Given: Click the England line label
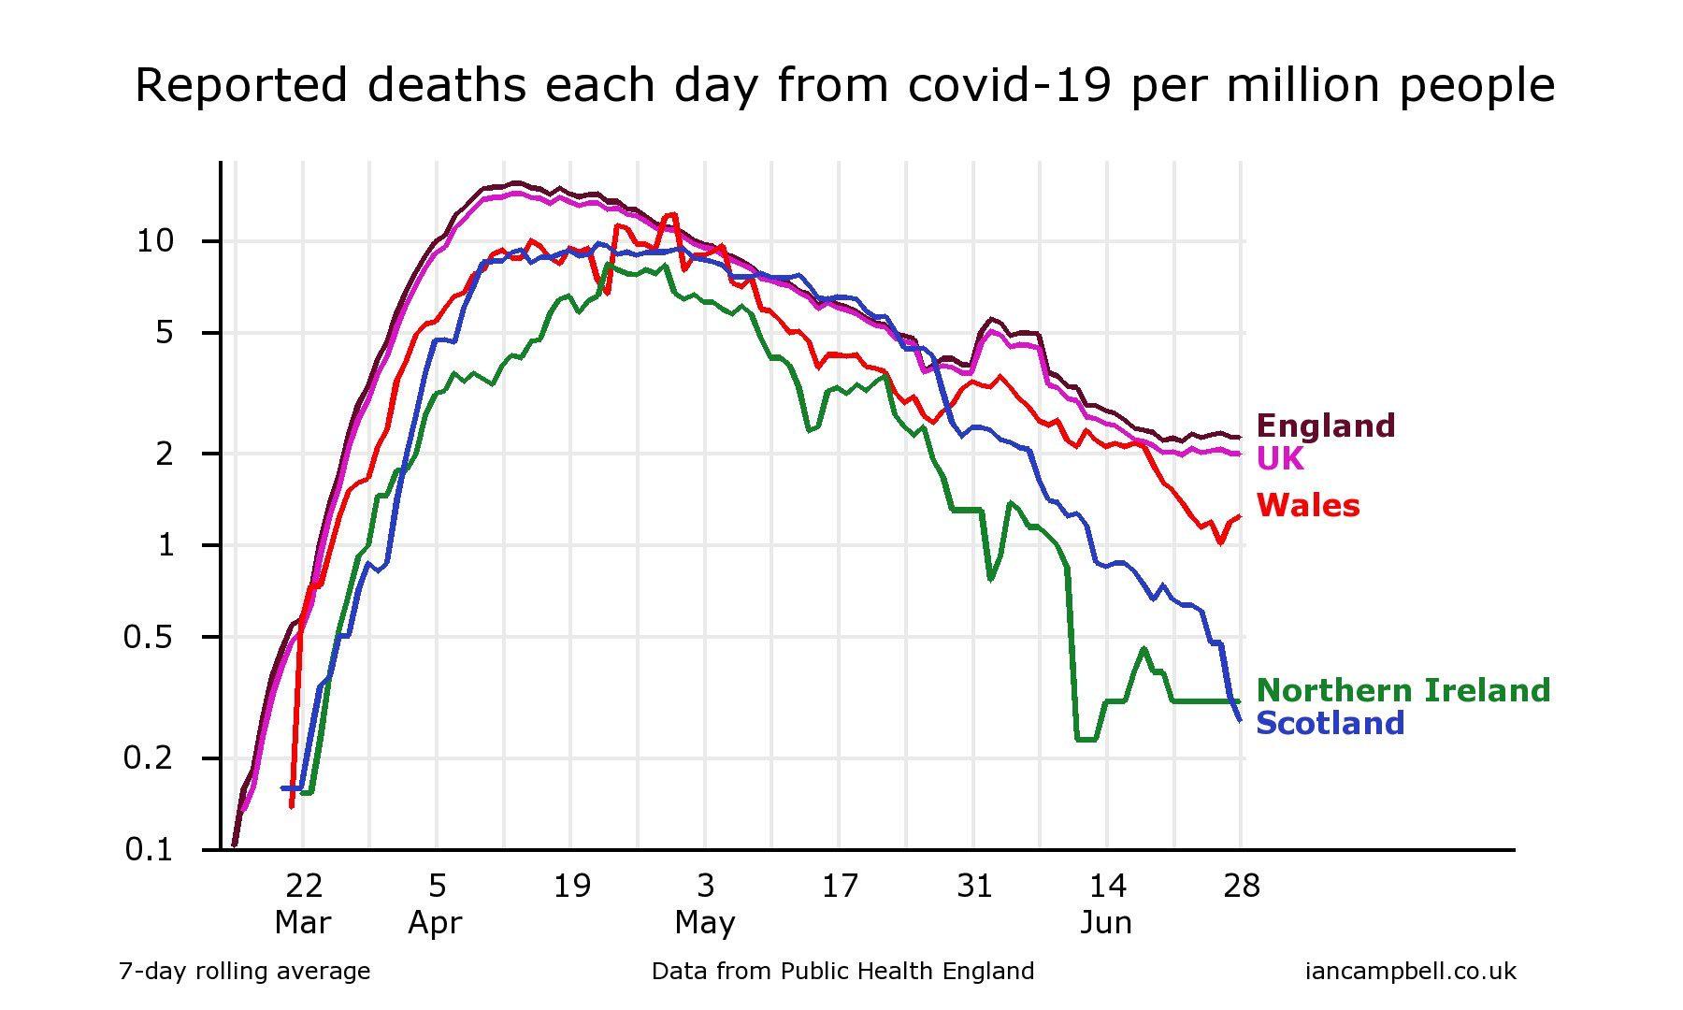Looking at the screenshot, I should [1325, 426].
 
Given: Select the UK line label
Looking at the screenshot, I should [1280, 459].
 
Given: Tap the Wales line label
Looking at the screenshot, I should [1307, 505].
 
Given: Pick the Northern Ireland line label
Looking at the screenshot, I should [1402, 690].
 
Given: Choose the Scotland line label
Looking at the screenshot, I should [1330, 723].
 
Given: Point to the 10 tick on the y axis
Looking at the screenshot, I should [155, 241].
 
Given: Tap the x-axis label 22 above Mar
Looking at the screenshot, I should [303, 885].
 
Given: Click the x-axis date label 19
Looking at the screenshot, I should [571, 885].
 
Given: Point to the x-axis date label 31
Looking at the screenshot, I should [973, 885].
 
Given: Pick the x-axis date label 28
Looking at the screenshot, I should [1242, 885].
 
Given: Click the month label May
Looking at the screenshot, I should [705, 924].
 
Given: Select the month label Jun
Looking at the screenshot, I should [1106, 924].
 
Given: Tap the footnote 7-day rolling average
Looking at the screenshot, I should [244, 972].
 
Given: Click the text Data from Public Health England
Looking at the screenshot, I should [842, 972].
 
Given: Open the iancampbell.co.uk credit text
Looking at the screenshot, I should [1410, 972].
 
